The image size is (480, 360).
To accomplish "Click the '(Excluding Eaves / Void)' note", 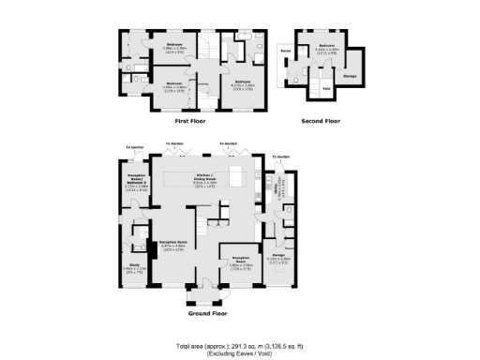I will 240,353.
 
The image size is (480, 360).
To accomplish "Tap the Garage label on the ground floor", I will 278,255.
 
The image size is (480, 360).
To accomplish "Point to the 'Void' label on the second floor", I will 325,89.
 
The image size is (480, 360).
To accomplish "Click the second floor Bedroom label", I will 325,46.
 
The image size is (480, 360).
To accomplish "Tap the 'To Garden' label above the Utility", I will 280,157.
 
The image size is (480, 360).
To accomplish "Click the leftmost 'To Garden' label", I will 136,147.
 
